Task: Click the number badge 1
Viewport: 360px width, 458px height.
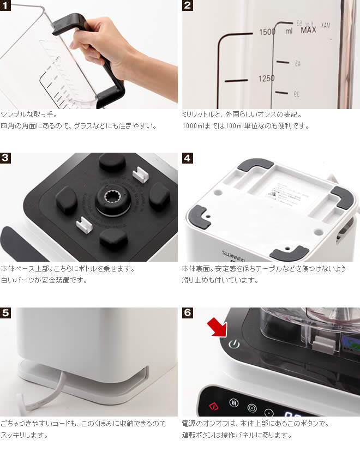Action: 5,5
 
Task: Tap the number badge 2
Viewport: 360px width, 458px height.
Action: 187,5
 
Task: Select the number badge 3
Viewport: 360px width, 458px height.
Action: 5,158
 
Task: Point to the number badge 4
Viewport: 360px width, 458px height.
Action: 187,158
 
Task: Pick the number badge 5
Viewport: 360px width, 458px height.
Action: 5,313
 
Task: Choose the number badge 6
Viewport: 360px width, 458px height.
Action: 187,313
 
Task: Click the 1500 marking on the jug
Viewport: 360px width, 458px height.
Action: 267,32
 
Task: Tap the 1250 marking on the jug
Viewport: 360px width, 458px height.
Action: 267,79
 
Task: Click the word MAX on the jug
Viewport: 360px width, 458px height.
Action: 308,30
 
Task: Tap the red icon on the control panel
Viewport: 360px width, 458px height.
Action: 214,406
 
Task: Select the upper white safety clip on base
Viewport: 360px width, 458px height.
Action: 140,174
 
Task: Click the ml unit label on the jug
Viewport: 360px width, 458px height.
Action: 289,31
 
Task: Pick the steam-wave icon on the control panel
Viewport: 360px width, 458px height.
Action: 234,403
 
